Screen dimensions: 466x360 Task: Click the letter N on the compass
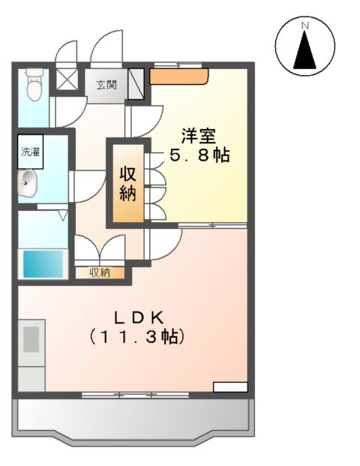click(305, 26)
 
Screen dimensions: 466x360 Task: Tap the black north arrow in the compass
click(305, 51)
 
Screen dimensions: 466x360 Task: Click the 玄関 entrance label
click(106, 85)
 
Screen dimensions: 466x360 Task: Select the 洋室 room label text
click(198, 137)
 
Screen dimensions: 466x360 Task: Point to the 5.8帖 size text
click(198, 157)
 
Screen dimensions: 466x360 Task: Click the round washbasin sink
click(28, 182)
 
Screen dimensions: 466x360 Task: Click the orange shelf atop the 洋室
click(178, 75)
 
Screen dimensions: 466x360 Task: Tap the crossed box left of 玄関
click(67, 79)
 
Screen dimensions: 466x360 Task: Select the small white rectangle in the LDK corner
click(229, 387)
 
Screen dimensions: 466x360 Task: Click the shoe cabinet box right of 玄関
click(136, 83)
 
